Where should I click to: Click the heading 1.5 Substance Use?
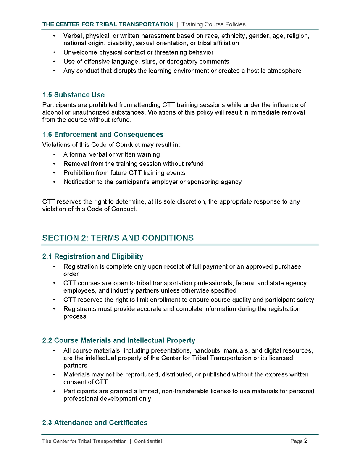(74, 95)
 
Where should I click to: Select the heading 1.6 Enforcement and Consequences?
(103, 135)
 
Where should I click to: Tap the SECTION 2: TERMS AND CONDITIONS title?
(118, 238)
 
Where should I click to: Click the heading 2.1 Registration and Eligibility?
(93, 256)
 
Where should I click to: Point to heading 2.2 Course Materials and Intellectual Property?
(119, 340)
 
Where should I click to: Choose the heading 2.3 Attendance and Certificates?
(95, 423)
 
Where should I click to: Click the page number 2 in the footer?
(306, 441)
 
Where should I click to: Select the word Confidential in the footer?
(148, 441)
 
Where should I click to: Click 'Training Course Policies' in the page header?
(213, 24)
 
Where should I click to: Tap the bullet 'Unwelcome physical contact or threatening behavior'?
(138, 52)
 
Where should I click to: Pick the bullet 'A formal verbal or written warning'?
(111, 154)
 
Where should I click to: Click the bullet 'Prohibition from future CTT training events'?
(124, 173)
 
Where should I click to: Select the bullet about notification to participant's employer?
(152, 182)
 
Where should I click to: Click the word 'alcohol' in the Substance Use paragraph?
(52, 112)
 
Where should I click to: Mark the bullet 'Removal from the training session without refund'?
(133, 164)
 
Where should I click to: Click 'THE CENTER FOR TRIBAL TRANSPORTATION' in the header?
(108, 24)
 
